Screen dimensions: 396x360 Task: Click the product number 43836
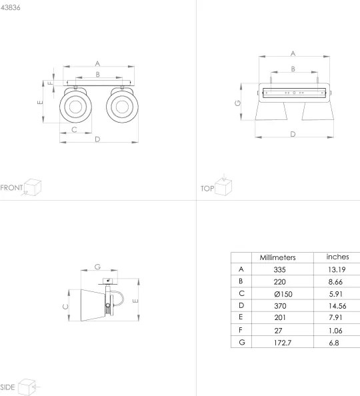coord(11,7)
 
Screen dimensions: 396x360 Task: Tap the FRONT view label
coord(11,187)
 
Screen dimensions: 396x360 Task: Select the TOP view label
coord(207,189)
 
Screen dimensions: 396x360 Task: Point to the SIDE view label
coord(8,387)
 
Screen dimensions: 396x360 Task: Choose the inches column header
coord(338,257)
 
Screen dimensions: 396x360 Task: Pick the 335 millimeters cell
coord(279,269)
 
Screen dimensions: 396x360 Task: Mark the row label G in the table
coord(240,343)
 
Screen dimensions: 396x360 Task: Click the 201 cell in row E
coord(279,318)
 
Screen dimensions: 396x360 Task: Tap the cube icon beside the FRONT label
coord(33,187)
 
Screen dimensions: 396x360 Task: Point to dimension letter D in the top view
coord(293,134)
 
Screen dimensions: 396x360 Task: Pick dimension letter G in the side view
coord(97,266)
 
